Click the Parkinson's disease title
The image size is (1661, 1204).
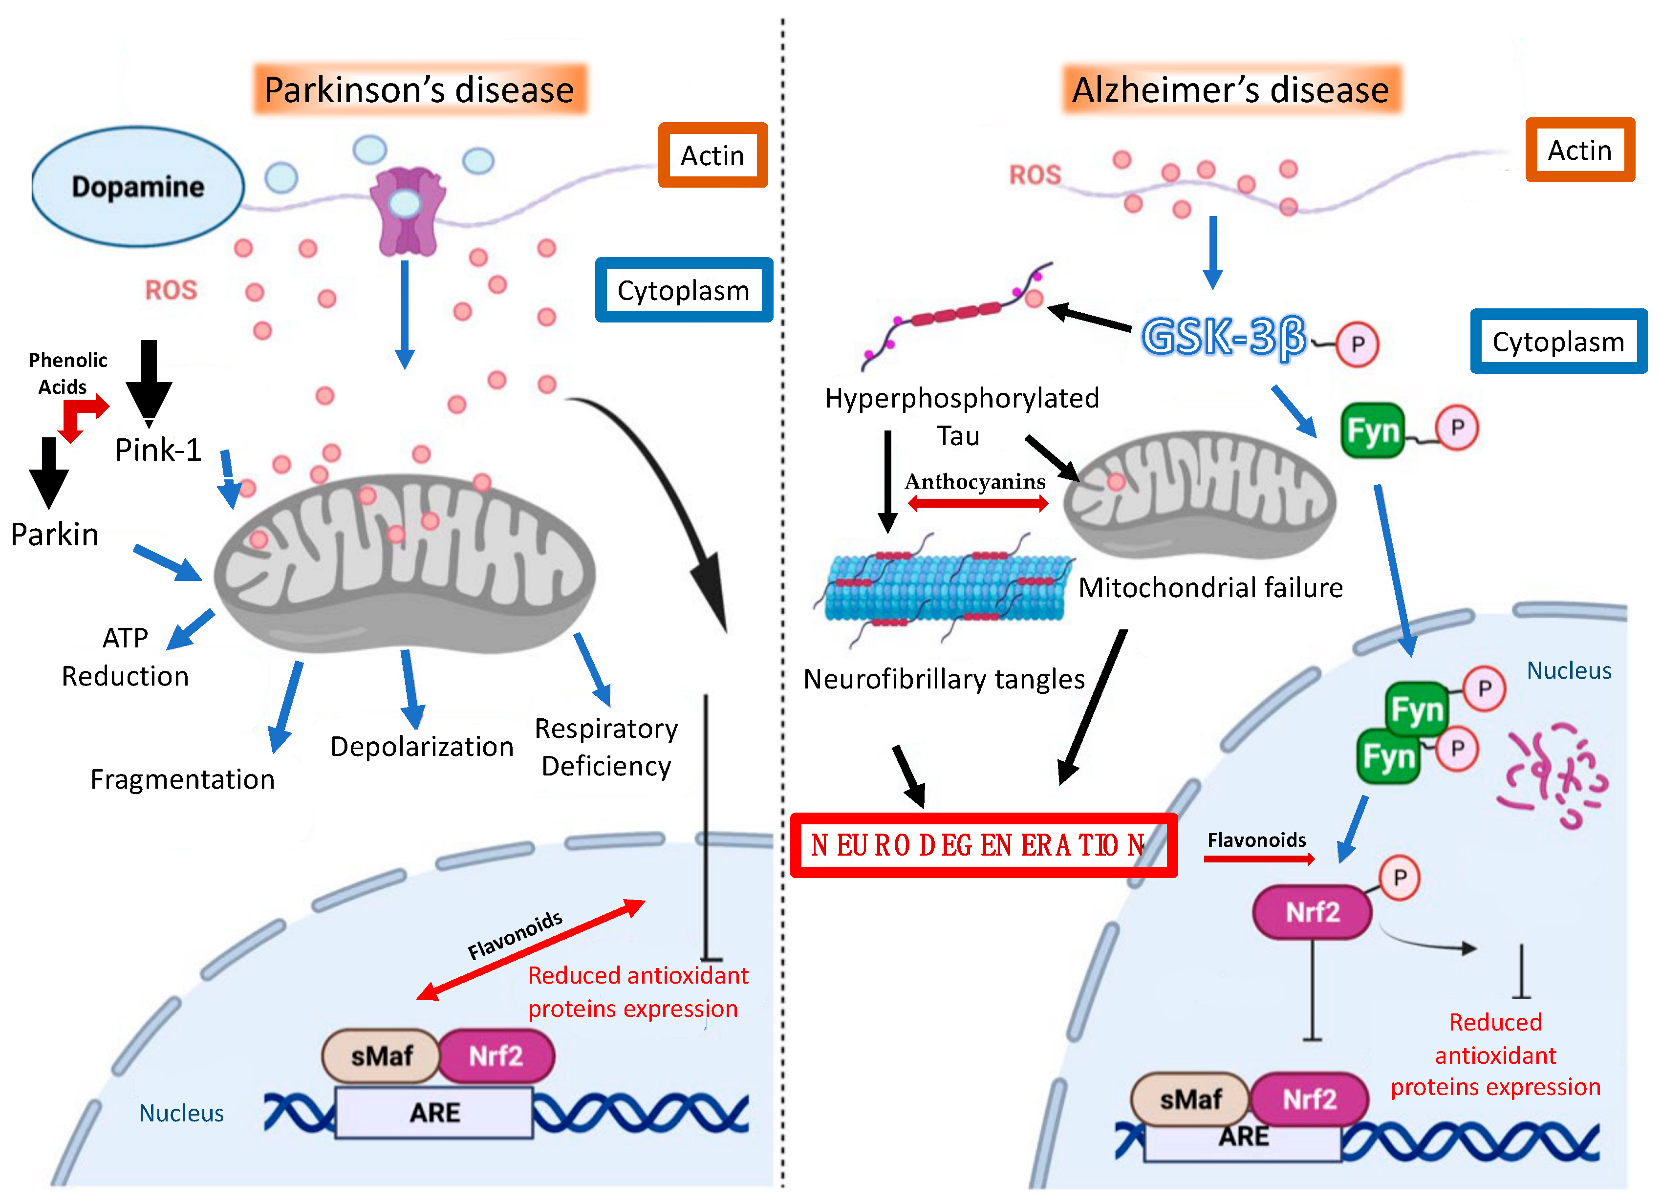tap(420, 89)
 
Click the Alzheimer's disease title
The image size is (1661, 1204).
tap(1231, 89)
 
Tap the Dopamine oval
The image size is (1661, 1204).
tap(138, 186)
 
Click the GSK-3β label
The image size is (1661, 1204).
tap(1224, 337)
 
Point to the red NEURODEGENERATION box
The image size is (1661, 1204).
tap(984, 845)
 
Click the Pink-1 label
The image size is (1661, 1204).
tap(158, 450)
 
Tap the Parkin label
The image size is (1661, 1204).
tap(55, 535)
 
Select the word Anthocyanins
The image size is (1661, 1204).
tap(975, 481)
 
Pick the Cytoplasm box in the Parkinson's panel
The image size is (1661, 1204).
tap(684, 290)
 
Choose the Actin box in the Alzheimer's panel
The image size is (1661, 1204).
tap(1580, 150)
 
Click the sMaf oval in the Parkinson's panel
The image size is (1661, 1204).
tap(381, 1056)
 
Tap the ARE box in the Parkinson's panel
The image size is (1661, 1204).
tap(434, 1113)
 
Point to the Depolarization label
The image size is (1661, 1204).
tap(422, 746)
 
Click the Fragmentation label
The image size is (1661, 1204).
tap(182, 779)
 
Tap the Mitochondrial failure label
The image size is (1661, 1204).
tap(1210, 587)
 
